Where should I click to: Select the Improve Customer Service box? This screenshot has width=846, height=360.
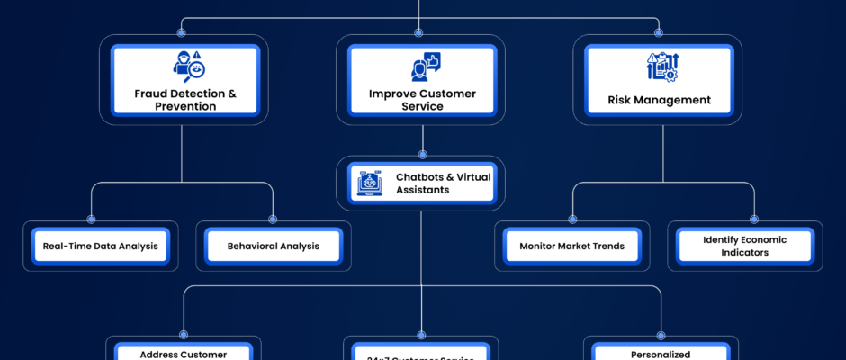pyautogui.click(x=422, y=81)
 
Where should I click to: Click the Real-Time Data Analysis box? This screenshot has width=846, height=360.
pyautogui.click(x=101, y=246)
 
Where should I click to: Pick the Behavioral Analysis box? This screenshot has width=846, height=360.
pyautogui.click(x=273, y=246)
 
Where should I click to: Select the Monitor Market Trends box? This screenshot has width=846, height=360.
pyautogui.click(x=572, y=246)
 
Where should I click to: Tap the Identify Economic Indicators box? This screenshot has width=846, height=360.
pyautogui.click(x=744, y=246)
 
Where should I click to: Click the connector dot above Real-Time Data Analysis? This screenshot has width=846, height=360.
pyautogui.click(x=91, y=219)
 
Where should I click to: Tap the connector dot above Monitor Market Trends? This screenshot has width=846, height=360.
pyautogui.click(x=572, y=219)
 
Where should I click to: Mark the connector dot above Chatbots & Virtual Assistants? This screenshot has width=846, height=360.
pyautogui.click(x=422, y=154)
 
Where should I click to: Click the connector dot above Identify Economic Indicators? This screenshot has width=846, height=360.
pyautogui.click(x=754, y=219)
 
